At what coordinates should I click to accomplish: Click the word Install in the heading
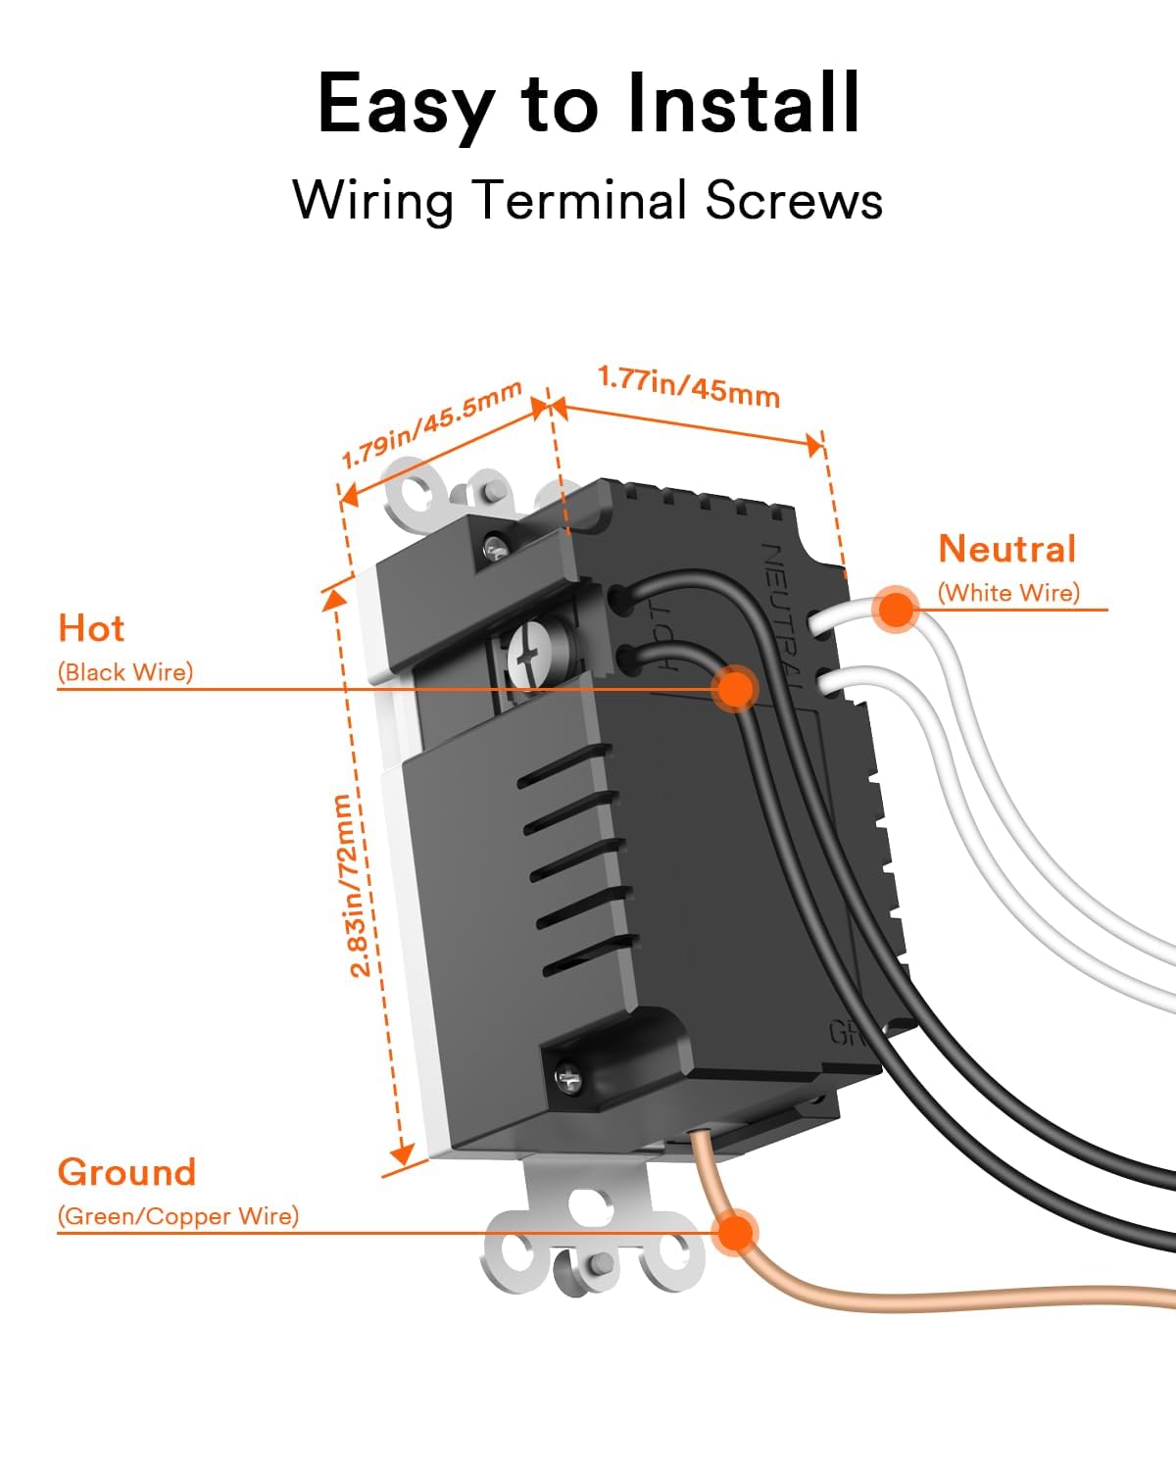pyautogui.click(x=743, y=104)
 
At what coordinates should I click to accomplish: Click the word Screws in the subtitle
pyautogui.click(x=794, y=201)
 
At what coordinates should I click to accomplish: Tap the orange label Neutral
pyautogui.click(x=1007, y=549)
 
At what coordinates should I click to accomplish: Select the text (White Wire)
pyautogui.click(x=1008, y=593)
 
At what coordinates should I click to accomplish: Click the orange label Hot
pyautogui.click(x=91, y=628)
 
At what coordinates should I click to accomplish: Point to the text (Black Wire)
pyautogui.click(x=125, y=672)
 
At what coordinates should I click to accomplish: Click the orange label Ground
pyautogui.click(x=126, y=1172)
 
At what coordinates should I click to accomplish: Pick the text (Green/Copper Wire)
pyautogui.click(x=177, y=1216)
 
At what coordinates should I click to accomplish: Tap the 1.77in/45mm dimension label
pyautogui.click(x=689, y=386)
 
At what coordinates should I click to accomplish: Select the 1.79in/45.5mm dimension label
pyautogui.click(x=431, y=424)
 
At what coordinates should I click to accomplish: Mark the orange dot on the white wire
pyautogui.click(x=895, y=610)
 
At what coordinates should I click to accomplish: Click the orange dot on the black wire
pyautogui.click(x=735, y=688)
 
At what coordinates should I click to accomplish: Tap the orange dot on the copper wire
pyautogui.click(x=734, y=1232)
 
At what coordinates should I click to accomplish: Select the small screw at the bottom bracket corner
pyautogui.click(x=567, y=1078)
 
